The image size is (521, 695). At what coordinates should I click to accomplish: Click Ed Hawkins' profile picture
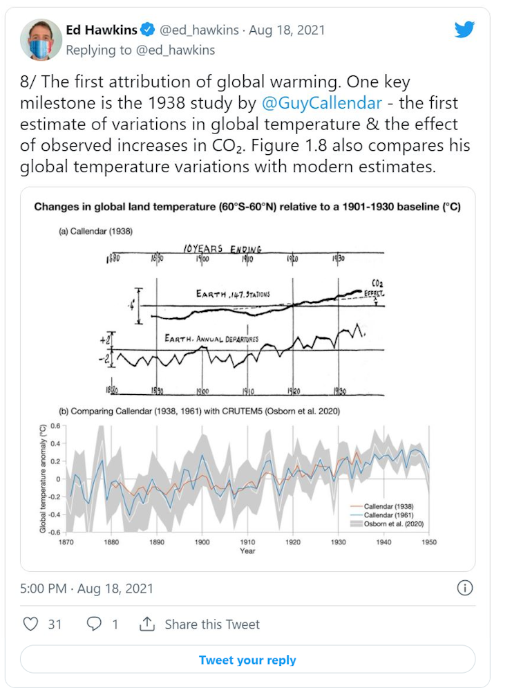click(x=41, y=39)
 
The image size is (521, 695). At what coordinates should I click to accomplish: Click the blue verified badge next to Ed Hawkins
click(x=147, y=30)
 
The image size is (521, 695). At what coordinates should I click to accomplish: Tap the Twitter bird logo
click(x=464, y=30)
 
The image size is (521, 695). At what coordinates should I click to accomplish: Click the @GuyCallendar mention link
click(x=322, y=104)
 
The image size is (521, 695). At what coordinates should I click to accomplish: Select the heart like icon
click(x=30, y=624)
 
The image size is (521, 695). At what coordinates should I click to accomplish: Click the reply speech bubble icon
click(x=94, y=624)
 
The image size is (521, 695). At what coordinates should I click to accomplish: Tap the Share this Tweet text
click(x=212, y=624)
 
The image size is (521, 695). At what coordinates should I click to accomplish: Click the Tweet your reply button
click(x=247, y=660)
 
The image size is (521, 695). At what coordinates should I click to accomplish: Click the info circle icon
click(x=465, y=588)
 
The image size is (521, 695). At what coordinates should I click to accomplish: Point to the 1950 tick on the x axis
click(x=429, y=543)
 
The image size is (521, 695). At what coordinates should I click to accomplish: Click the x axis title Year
click(x=247, y=551)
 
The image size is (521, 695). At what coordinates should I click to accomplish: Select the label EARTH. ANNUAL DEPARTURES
click(x=212, y=338)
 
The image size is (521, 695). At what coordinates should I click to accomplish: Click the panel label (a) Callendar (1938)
click(x=96, y=232)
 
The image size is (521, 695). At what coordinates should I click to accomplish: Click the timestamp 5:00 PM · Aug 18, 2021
click(x=86, y=589)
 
